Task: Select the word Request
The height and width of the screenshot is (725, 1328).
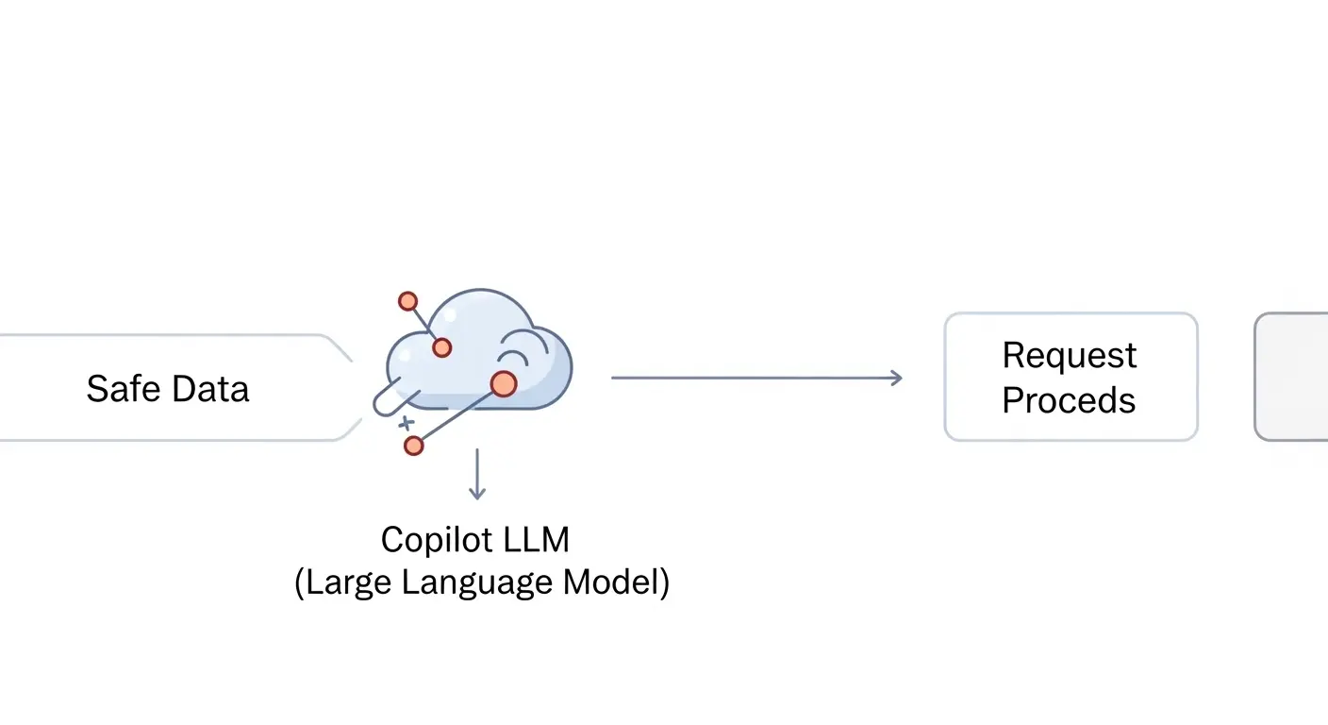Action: [x=1070, y=356]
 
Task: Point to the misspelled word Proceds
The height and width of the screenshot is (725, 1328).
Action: [x=1069, y=400]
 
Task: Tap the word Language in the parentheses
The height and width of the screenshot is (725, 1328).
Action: [x=477, y=582]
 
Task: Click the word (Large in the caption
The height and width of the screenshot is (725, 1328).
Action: [x=344, y=582]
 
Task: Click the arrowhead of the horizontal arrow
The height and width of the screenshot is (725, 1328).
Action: [x=896, y=378]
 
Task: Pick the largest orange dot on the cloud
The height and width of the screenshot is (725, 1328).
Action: [x=504, y=383]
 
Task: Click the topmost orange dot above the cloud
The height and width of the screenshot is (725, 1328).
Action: [x=407, y=301]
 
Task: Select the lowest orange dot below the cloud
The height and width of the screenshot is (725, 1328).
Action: [x=413, y=446]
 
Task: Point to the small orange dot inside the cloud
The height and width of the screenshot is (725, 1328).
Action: [x=441, y=347]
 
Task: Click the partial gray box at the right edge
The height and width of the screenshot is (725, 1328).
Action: [x=1292, y=377]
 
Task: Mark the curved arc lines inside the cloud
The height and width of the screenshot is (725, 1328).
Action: [x=514, y=351]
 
